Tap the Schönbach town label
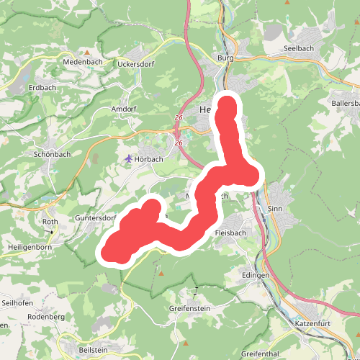point(51,154)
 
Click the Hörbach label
point(150,158)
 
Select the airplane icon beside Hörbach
point(128,158)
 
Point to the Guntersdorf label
point(96,218)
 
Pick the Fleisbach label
point(231,234)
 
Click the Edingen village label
point(255,276)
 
